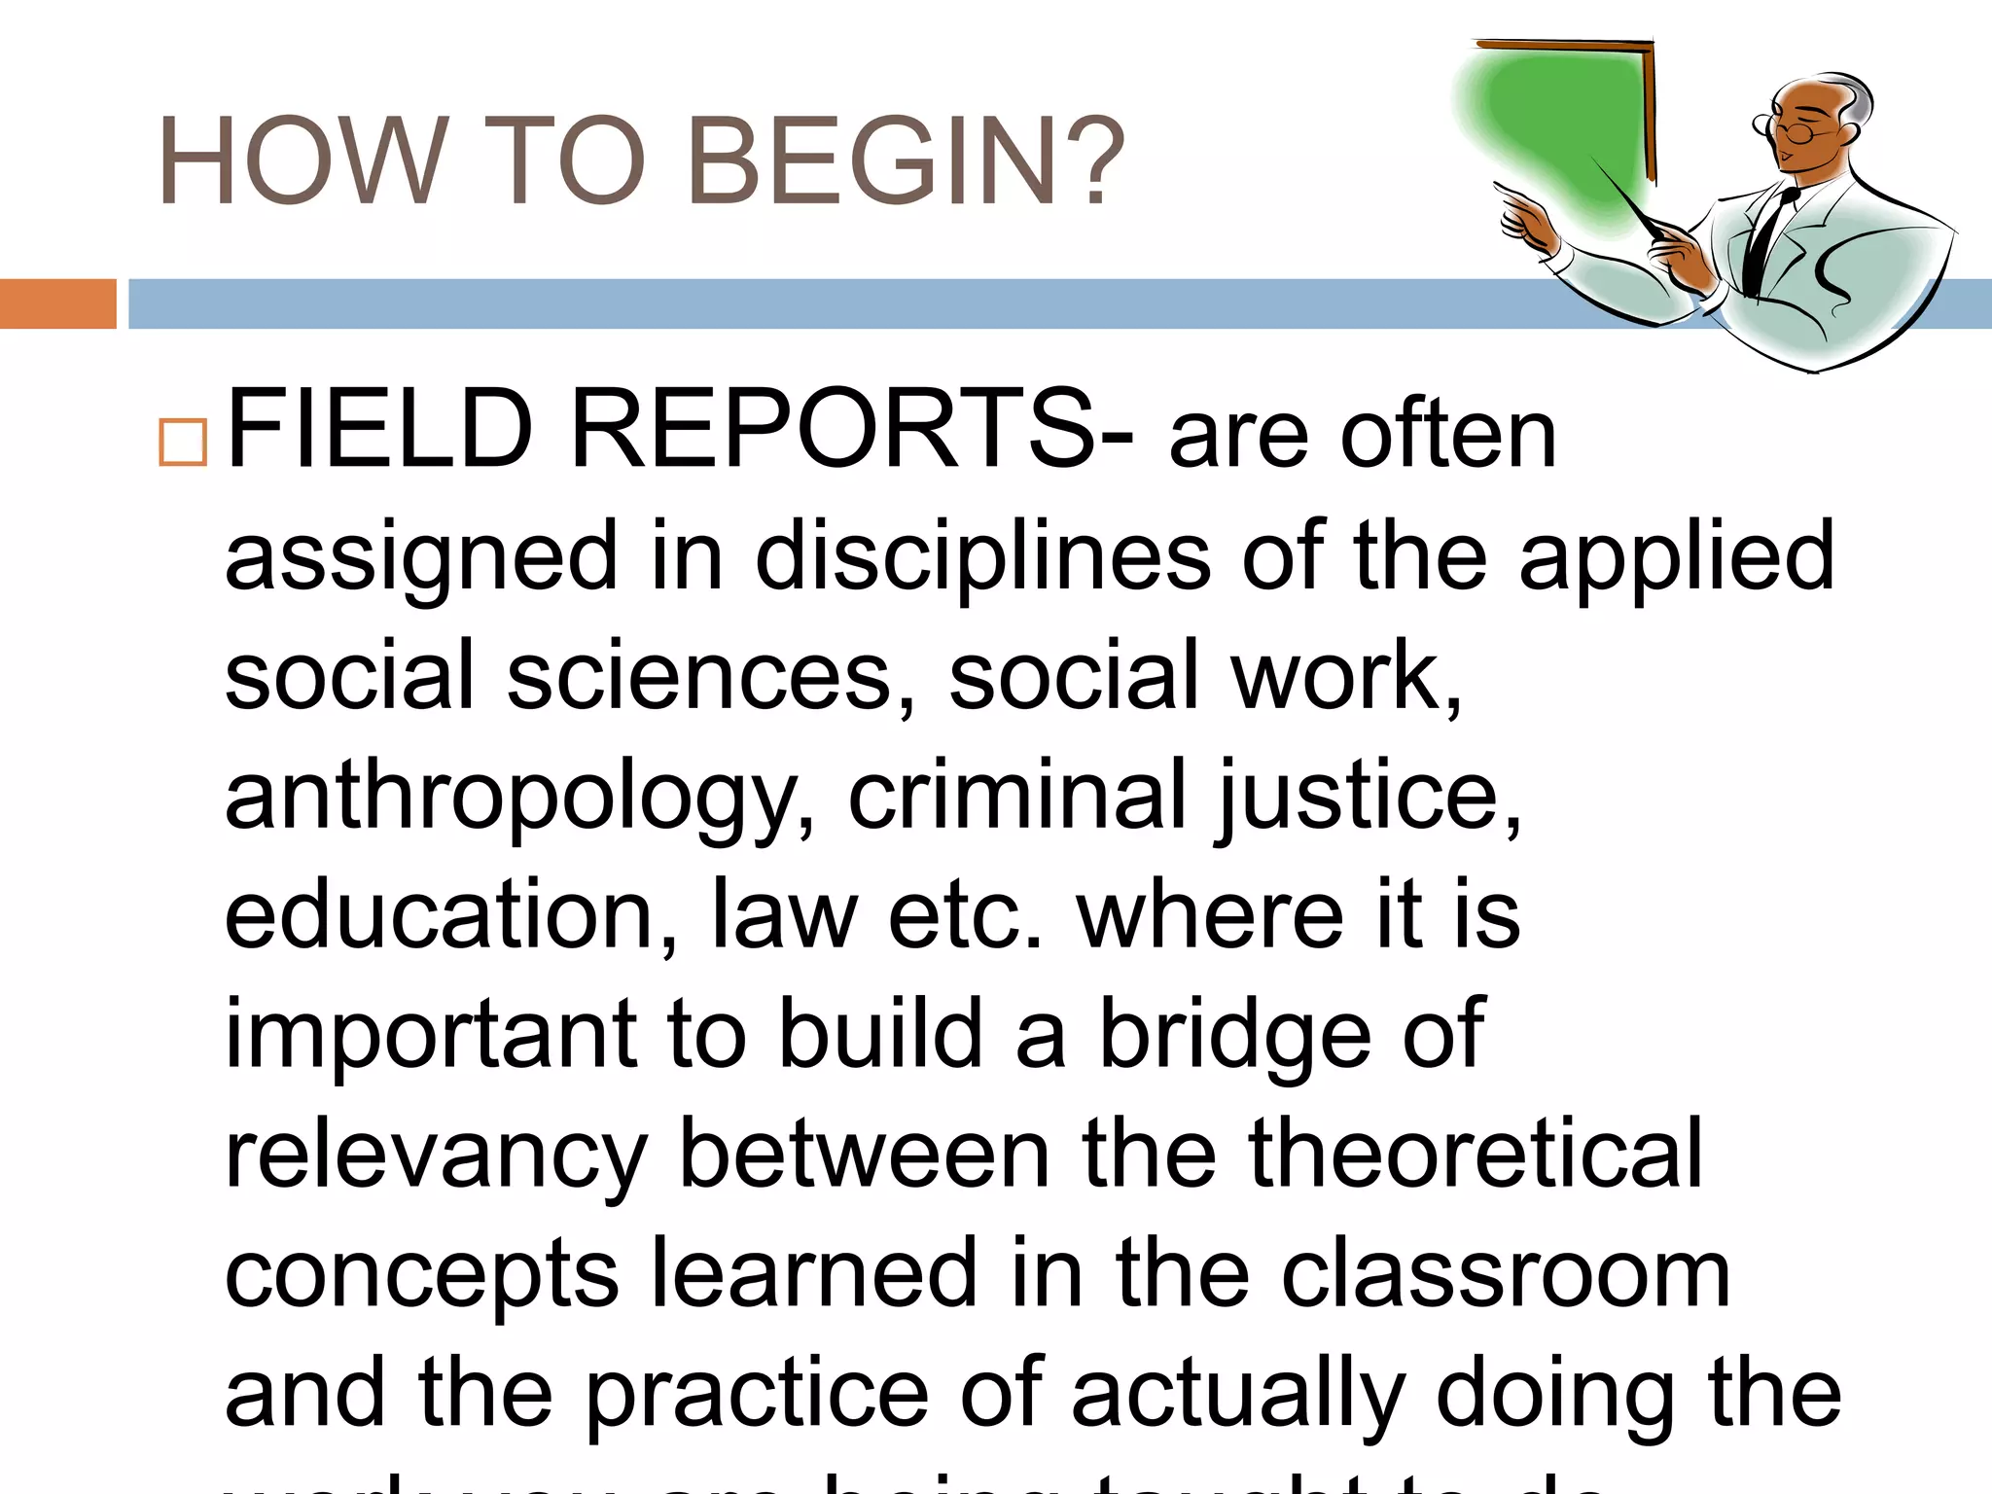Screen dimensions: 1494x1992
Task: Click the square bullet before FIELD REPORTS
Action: (x=183, y=443)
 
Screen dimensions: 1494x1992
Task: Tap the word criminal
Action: (x=1017, y=795)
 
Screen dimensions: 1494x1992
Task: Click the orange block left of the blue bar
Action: (x=57, y=303)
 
